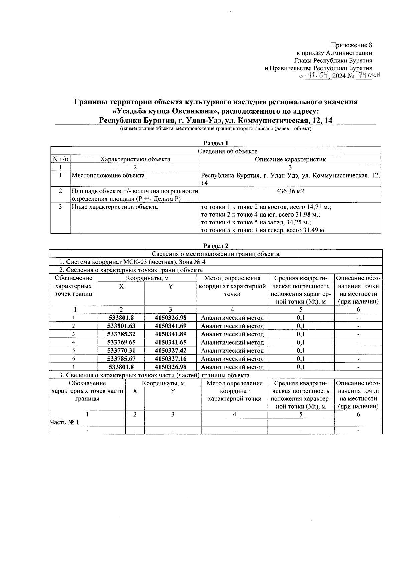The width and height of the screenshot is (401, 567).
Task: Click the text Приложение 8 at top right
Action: click(x=351, y=45)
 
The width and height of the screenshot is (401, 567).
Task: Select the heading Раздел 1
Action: click(x=216, y=143)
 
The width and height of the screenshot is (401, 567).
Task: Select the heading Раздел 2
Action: click(x=216, y=246)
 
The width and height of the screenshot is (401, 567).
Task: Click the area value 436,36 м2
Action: click(x=290, y=191)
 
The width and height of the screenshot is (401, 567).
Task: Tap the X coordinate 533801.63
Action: click(x=121, y=326)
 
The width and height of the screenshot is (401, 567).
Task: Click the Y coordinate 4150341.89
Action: click(x=171, y=334)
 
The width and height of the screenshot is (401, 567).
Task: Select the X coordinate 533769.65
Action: click(x=121, y=342)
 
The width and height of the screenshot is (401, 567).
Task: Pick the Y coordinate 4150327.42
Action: click(x=171, y=351)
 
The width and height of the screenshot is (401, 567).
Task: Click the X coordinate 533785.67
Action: click(x=121, y=359)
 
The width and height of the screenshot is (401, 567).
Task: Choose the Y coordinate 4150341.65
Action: click(x=171, y=342)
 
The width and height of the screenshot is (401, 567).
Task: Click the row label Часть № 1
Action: click(x=64, y=422)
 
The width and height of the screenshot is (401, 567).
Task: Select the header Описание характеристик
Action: click(x=290, y=159)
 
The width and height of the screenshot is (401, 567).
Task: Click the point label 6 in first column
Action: click(x=73, y=359)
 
